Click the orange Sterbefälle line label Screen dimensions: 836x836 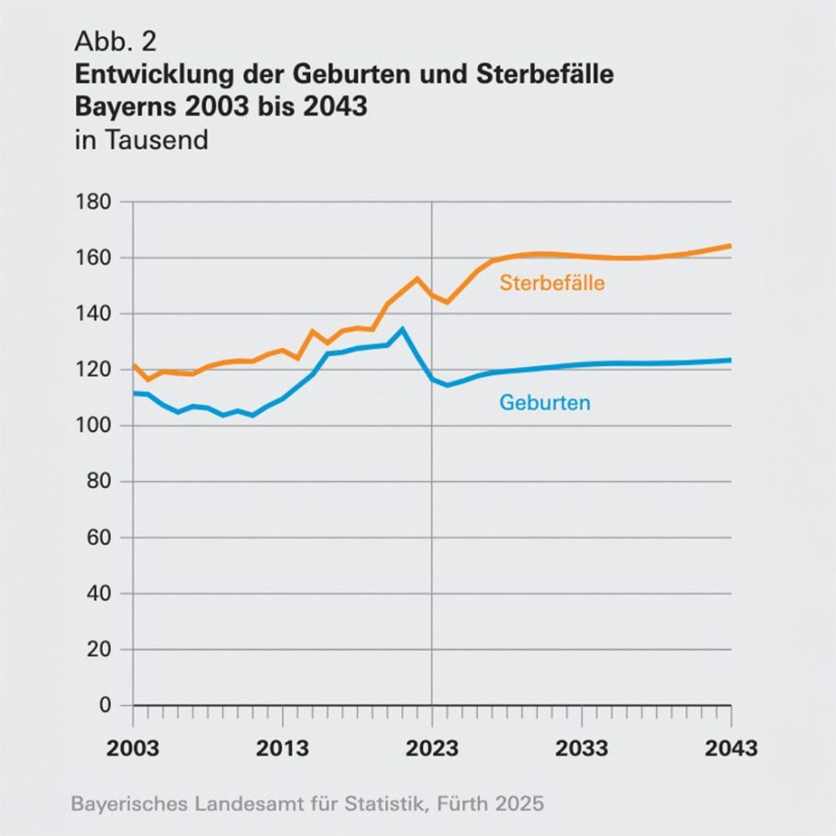pos(552,284)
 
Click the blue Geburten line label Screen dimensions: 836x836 pos(544,402)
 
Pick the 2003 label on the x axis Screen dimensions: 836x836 pos(134,748)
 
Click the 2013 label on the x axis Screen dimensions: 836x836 pos(283,748)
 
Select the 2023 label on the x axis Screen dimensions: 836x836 pos(432,748)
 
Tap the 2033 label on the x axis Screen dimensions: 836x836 pos(582,748)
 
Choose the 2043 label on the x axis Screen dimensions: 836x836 pos(730,748)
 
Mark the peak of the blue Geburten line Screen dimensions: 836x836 pos(402,329)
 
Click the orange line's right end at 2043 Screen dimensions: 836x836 pos(730,245)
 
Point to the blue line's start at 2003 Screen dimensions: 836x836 pos(134,393)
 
